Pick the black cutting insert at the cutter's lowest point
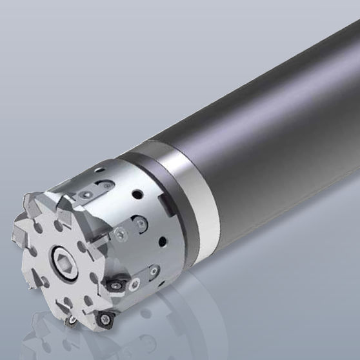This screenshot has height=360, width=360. pyautogui.click(x=106, y=318)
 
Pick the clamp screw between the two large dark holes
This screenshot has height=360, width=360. pyautogui.click(x=123, y=232)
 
